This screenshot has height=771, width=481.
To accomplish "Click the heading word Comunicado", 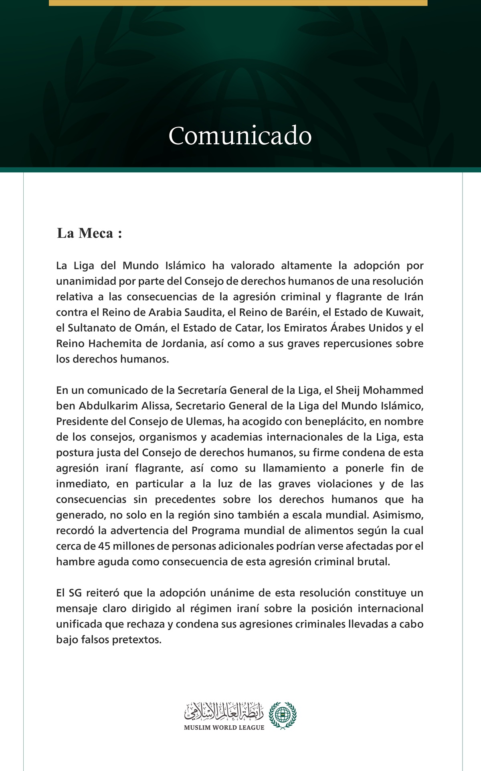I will [x=240, y=136].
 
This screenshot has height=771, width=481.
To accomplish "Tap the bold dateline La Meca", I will [x=89, y=233].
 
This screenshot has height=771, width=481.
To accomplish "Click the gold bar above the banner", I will [x=238, y=3].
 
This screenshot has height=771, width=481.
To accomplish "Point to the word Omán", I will [x=154, y=328].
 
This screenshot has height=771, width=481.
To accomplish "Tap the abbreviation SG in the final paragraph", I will [x=75, y=593].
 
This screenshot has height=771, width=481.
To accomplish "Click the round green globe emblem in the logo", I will [x=283, y=715].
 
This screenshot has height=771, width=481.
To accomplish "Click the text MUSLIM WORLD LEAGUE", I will [x=224, y=728].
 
